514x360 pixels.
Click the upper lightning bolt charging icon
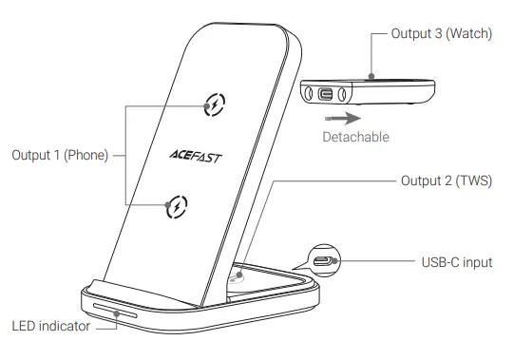pos(216,104)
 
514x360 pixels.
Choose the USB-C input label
pos(457,261)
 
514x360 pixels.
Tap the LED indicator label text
pos(51,327)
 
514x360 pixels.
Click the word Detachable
pos(354,137)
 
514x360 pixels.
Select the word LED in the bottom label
pos(24,327)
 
